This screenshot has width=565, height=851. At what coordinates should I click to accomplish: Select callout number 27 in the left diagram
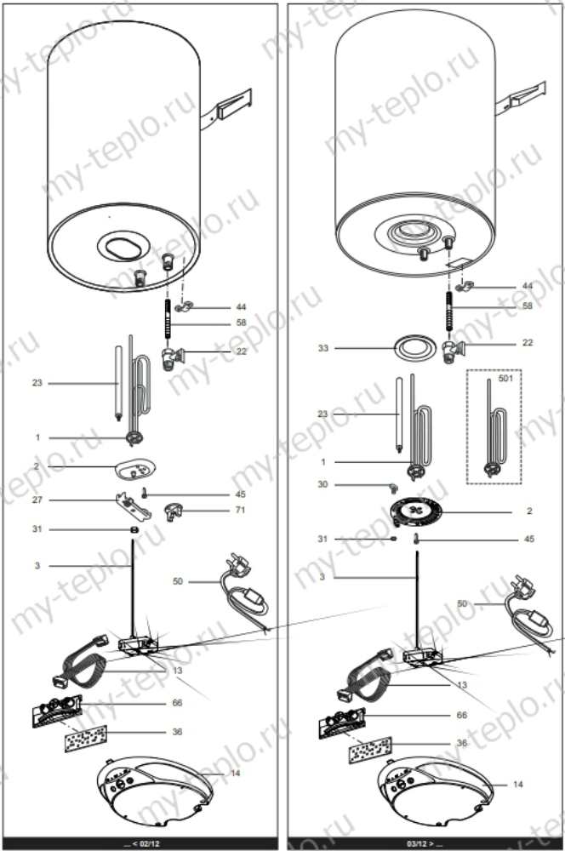coord(37,500)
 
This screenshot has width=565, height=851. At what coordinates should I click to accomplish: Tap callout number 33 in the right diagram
coord(322,348)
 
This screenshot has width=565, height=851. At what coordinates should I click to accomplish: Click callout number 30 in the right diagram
coord(322,484)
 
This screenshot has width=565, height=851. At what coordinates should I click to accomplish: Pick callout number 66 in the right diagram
coord(462,716)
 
